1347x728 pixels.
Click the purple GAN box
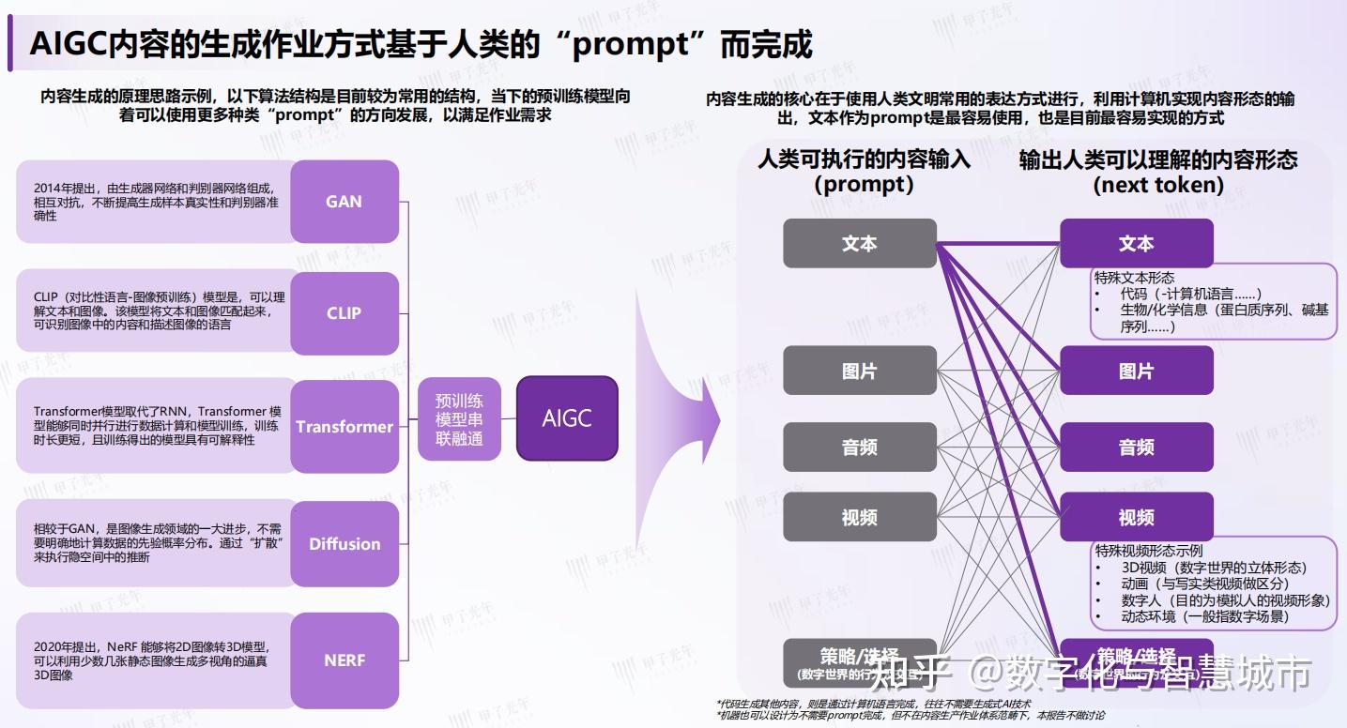point(344,202)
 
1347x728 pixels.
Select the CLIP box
point(344,312)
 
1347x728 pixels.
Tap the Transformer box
point(344,427)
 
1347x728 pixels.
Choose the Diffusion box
point(344,544)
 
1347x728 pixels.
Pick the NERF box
point(344,660)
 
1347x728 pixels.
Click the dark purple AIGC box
point(567,418)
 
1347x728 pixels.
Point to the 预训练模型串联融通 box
point(460,419)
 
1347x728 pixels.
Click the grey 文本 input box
point(860,243)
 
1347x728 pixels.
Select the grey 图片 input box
point(860,371)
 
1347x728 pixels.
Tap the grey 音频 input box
point(860,447)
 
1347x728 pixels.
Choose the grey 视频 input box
point(860,517)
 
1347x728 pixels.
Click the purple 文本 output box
point(1136,243)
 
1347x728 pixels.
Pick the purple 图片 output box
point(1136,371)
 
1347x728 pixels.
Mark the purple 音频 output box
point(1136,447)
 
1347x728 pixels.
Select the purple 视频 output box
point(1136,517)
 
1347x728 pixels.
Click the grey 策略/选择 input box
point(860,662)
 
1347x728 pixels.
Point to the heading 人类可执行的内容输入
point(864,159)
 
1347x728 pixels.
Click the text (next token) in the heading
point(1158,185)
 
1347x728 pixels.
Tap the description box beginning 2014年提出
point(155,202)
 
